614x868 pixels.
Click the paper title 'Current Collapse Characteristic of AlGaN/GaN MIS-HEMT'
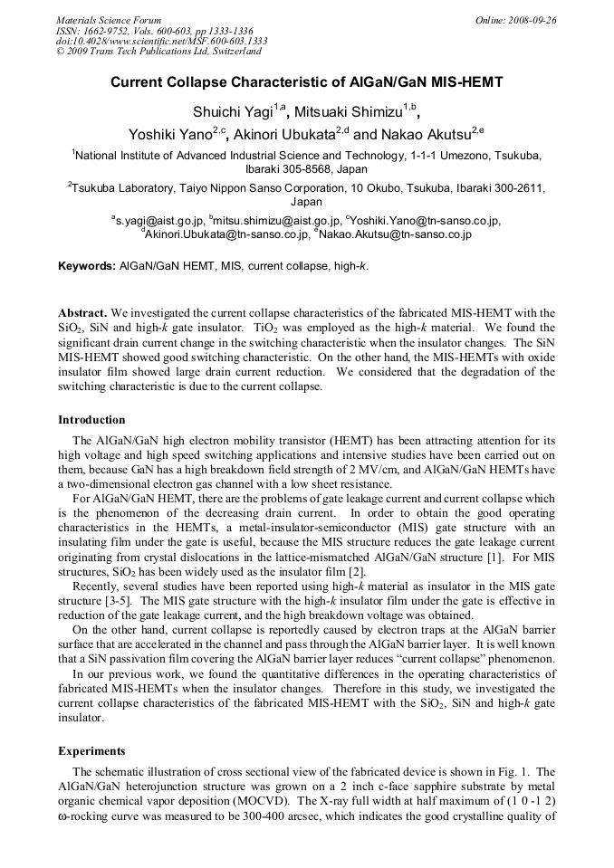(x=306, y=82)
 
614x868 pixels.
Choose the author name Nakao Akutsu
(x=426, y=135)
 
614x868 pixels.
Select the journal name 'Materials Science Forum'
(x=109, y=19)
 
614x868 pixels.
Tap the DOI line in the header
(x=161, y=41)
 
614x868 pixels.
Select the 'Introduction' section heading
(x=91, y=420)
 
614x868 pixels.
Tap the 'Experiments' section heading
(x=93, y=750)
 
